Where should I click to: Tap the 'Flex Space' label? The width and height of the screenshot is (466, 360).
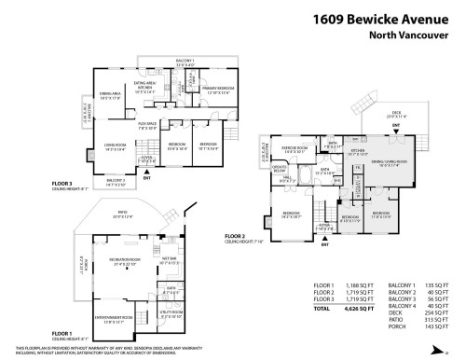tap(146, 123)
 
